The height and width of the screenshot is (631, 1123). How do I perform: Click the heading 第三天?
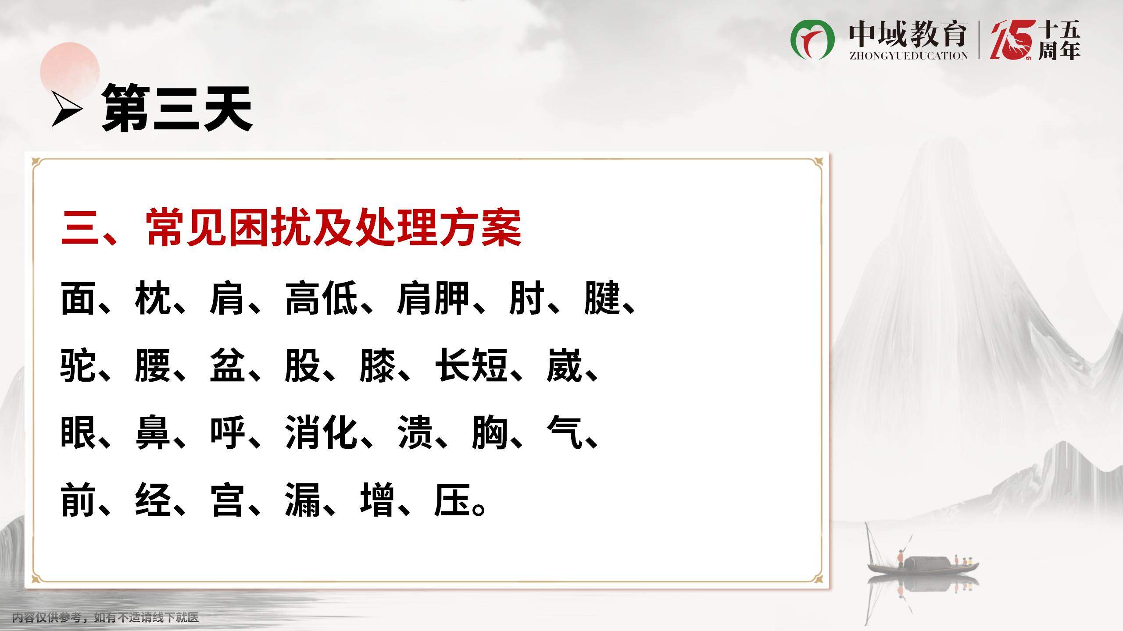[x=177, y=108]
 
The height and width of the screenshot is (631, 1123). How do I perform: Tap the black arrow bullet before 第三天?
[x=67, y=109]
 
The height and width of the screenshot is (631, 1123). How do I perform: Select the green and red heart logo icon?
[x=812, y=39]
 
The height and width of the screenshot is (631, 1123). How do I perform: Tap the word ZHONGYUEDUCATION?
[x=908, y=56]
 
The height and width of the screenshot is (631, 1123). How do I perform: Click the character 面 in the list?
[x=78, y=298]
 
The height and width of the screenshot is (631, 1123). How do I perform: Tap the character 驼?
[x=78, y=365]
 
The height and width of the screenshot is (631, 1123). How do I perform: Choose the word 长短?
[x=471, y=365]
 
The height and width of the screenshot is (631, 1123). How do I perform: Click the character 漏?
[x=303, y=500]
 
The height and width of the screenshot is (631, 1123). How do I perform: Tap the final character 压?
[x=452, y=500]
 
